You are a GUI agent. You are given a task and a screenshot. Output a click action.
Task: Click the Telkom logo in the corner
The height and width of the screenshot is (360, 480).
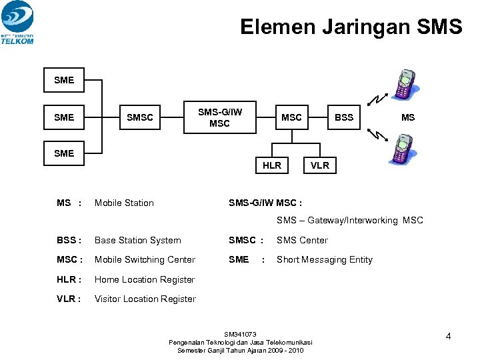[x=18, y=22]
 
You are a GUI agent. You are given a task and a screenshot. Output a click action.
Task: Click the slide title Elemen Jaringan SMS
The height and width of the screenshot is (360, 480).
[x=351, y=27]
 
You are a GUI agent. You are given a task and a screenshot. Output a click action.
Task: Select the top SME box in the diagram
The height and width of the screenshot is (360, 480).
[x=64, y=80]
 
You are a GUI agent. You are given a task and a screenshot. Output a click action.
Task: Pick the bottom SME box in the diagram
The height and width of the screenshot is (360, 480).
[x=64, y=153]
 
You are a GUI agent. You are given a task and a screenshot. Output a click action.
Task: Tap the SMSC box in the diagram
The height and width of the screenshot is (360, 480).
[x=140, y=117]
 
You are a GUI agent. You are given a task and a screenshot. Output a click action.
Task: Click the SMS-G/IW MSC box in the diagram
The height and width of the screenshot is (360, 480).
[x=219, y=117]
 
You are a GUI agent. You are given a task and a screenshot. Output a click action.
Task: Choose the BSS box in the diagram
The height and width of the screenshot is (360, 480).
[x=344, y=117]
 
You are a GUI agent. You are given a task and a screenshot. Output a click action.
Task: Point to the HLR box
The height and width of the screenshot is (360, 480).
[x=272, y=165]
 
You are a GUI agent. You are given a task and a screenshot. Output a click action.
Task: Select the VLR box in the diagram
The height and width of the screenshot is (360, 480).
[x=320, y=165]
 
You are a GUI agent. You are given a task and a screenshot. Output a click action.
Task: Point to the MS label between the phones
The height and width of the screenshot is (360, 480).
[x=408, y=117]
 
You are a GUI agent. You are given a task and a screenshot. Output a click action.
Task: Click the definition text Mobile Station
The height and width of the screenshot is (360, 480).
[x=124, y=203]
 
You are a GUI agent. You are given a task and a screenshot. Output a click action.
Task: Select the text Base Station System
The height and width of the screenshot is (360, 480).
[x=138, y=240]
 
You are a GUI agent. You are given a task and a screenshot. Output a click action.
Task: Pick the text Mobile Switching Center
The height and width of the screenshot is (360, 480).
[x=145, y=259]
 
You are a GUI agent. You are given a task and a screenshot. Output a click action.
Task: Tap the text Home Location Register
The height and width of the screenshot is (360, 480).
[x=145, y=279]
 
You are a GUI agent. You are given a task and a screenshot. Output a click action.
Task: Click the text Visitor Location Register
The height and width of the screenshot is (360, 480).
[x=145, y=299]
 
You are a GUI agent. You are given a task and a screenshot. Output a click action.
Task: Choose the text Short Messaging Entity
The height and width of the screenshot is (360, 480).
[x=325, y=259]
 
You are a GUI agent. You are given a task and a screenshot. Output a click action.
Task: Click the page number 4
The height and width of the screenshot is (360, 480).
[x=449, y=336]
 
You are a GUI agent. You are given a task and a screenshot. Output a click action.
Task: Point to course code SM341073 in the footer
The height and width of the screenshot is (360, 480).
[x=240, y=334]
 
